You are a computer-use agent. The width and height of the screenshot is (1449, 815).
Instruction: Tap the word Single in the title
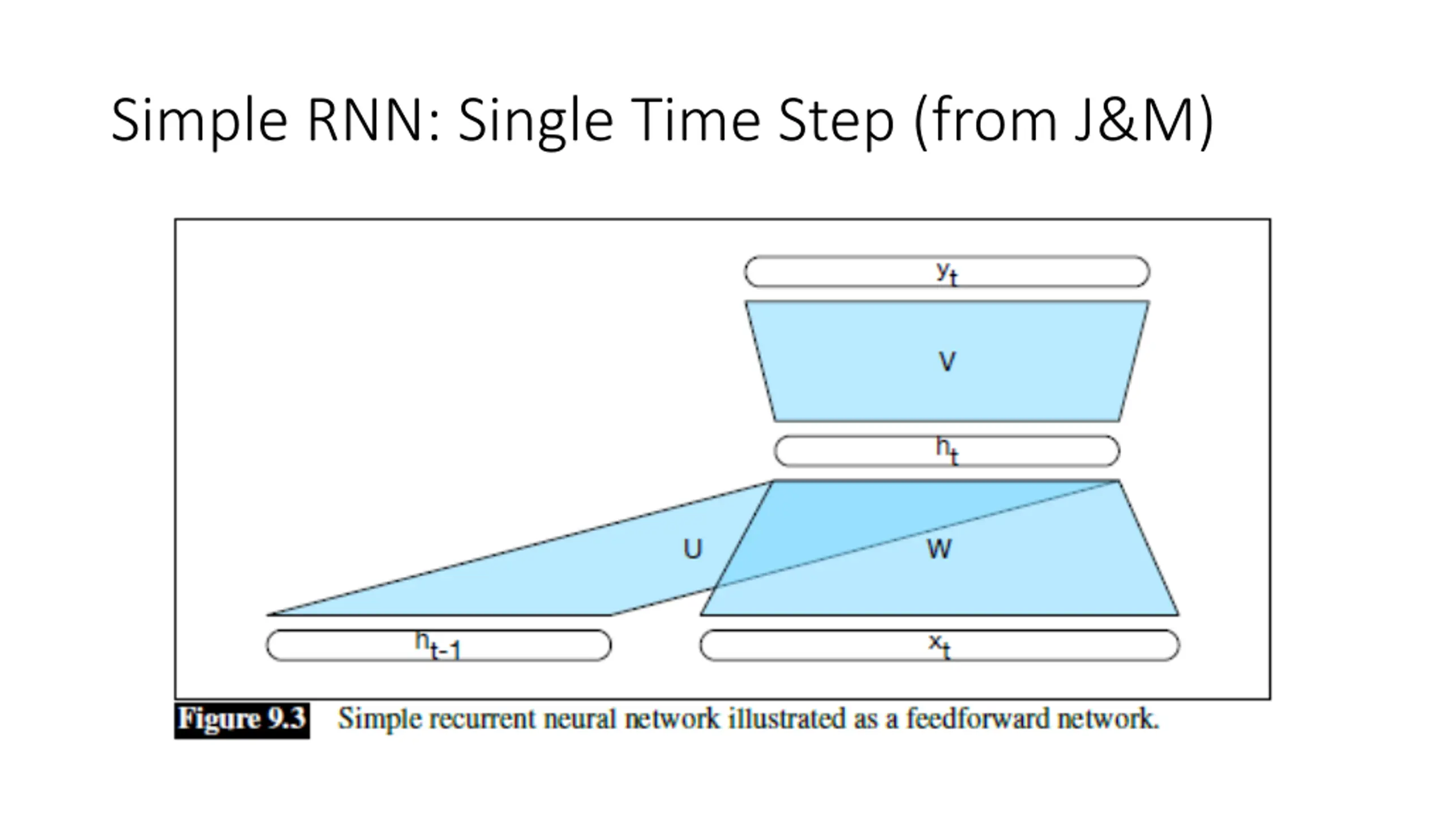pos(535,121)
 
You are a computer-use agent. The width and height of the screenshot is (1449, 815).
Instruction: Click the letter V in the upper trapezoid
pos(947,361)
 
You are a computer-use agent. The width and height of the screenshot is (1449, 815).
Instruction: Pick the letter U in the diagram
pos(693,549)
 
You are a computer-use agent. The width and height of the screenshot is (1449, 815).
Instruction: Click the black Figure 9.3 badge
pos(242,720)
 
